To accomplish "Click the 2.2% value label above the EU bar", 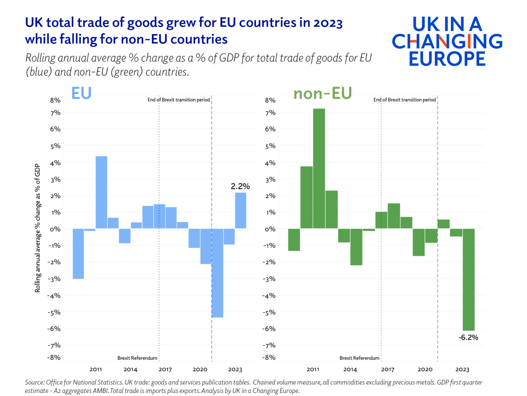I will (240, 186).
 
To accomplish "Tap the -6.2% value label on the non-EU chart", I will (468, 338).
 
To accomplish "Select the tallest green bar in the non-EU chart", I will (319, 168).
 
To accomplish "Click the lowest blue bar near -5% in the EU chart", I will (218, 273).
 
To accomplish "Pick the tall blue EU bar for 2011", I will (101, 192).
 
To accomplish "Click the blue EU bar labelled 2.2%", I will (241, 210).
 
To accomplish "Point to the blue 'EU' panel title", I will (81, 93).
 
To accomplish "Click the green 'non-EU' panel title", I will (323, 93).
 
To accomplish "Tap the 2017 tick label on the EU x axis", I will (165, 370).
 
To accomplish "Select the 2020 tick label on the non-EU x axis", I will (425, 370).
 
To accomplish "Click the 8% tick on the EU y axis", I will (55, 100).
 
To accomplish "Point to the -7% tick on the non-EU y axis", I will (269, 345).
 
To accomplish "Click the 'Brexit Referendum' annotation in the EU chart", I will (137, 358).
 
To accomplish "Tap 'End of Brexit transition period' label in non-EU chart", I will (405, 100).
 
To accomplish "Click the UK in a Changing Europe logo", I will (447, 41).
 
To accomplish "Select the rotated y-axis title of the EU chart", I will (37, 228).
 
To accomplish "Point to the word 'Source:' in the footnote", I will (35, 382).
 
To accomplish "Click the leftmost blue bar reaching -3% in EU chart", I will (78, 254).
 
